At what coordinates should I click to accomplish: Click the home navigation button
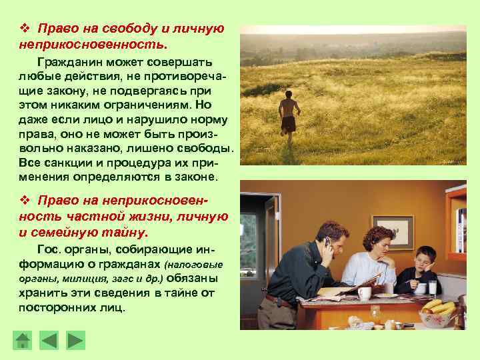tap(23, 341)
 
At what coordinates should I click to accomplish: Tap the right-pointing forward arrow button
tap(77, 341)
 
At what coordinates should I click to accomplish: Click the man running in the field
tap(288, 116)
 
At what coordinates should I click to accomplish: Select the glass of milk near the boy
tap(432, 287)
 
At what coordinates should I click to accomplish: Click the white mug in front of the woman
tap(364, 293)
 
